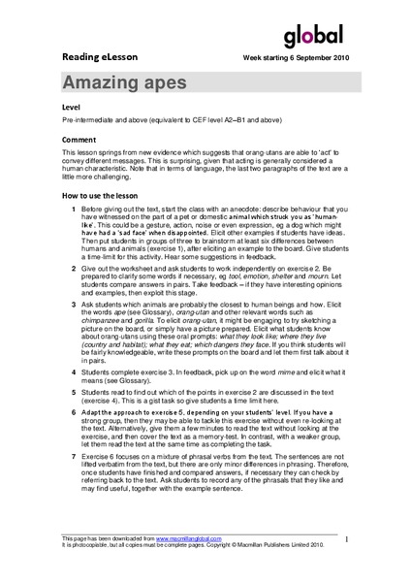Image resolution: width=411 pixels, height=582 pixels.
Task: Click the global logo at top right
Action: pyautogui.click(x=315, y=36)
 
